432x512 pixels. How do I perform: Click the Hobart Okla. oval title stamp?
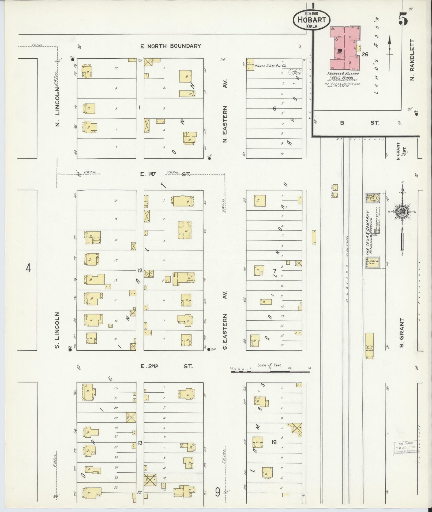tap(311, 20)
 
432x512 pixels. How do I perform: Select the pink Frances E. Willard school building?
tap(345, 48)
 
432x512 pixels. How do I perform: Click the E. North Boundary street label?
tap(171, 46)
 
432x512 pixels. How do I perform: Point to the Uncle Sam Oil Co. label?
tap(271, 65)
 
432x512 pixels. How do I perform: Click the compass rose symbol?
tap(402, 211)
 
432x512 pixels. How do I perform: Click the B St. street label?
tap(359, 123)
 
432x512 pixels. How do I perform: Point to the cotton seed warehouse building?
tap(370, 346)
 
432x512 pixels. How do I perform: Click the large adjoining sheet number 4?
tap(28, 268)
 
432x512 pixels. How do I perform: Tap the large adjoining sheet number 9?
tap(218, 492)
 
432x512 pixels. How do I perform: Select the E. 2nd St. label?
tap(166, 366)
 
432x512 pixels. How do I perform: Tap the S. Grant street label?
tap(401, 333)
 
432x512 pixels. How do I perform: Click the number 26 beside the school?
tap(365, 54)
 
